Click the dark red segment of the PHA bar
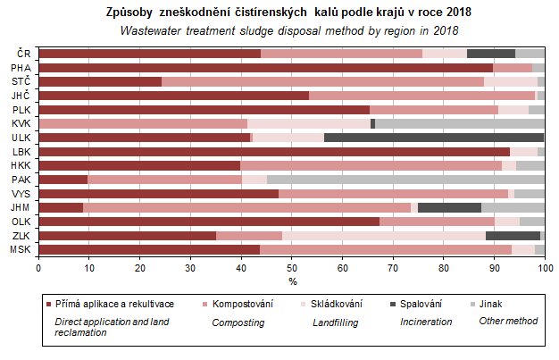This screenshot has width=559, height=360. (265, 67)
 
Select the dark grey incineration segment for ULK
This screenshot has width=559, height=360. (434, 138)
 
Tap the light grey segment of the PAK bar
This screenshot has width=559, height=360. (405, 180)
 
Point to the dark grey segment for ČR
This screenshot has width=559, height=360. (490, 54)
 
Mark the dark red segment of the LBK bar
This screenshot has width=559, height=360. (273, 152)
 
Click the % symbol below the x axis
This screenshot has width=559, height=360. (291, 281)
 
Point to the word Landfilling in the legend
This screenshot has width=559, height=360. (337, 321)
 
